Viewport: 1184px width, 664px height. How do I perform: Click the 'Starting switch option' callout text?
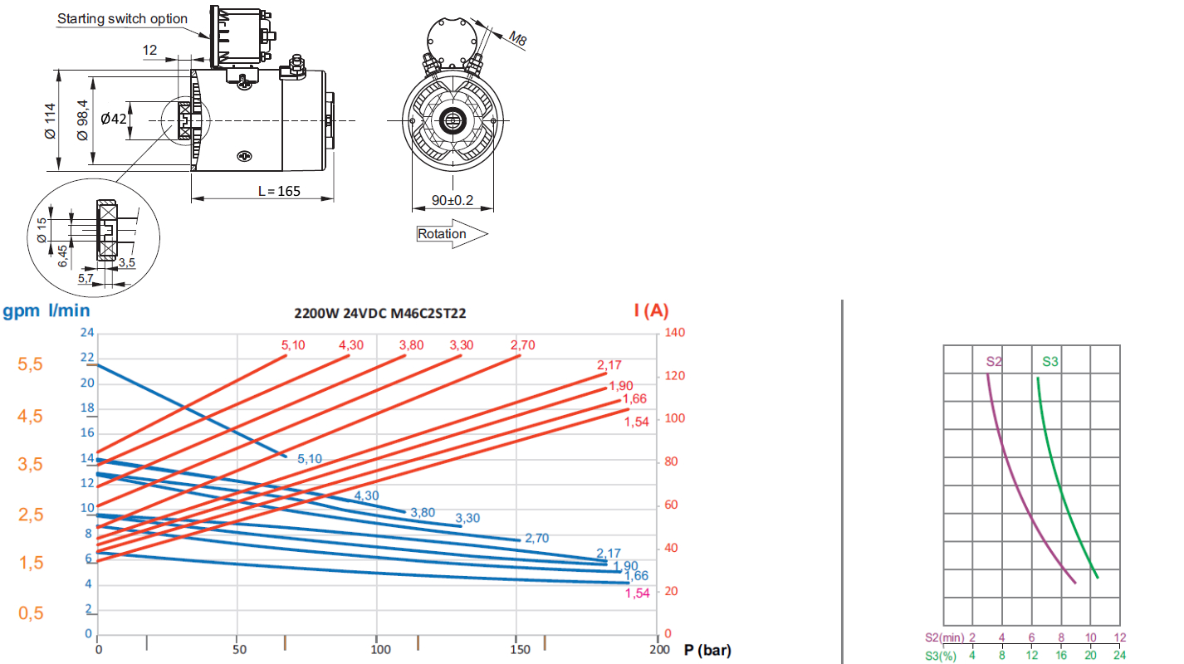pyautogui.click(x=122, y=19)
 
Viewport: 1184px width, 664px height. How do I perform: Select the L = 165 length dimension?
pyautogui.click(x=279, y=191)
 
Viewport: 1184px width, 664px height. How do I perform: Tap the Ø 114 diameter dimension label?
pyautogui.click(x=50, y=121)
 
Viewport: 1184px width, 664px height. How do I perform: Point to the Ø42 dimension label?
pyautogui.click(x=114, y=119)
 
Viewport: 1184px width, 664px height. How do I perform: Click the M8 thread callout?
pyautogui.click(x=517, y=38)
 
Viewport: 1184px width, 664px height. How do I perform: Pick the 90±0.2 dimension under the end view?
pyautogui.click(x=453, y=200)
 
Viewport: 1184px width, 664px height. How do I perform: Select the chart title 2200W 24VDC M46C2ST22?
pyautogui.click(x=380, y=314)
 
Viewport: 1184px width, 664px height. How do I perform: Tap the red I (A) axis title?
pyautogui.click(x=651, y=310)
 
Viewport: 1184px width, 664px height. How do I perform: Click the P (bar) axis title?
pyautogui.click(x=707, y=650)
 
